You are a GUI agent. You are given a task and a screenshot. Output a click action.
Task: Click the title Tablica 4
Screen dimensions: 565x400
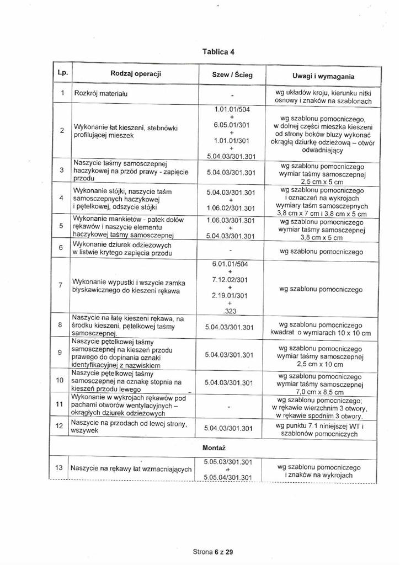pos(218,51)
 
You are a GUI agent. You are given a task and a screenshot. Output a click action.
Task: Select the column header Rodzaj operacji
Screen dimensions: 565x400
pos(135,73)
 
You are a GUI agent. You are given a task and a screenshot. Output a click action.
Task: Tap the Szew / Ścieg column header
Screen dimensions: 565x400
pos(232,74)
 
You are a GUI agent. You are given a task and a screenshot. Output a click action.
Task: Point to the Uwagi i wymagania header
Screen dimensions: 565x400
pos(323,76)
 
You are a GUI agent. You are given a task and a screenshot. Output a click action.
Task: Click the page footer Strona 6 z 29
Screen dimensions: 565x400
pos(213,552)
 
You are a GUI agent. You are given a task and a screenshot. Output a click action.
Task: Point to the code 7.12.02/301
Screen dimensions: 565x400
pos(230,281)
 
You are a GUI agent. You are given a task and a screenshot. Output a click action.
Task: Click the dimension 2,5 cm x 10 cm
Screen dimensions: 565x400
pos(323,365)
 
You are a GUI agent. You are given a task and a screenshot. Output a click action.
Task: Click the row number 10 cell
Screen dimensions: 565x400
pos(60,380)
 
